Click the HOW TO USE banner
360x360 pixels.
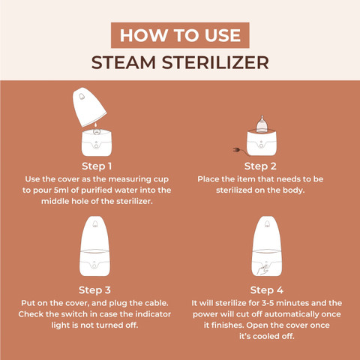point(180,35)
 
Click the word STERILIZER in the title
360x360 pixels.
point(215,62)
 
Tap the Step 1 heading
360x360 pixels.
point(97,166)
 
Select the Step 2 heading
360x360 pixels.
point(260,166)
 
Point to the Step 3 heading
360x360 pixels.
point(94,290)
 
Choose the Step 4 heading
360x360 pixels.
point(267,290)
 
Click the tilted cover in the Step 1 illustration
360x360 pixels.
point(89,106)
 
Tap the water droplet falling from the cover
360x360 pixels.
point(95,124)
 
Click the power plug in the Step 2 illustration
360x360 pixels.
point(236,150)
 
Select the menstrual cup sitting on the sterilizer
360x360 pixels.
point(262,124)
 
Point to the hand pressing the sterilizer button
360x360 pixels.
point(262,271)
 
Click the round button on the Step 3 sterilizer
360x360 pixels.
point(94,264)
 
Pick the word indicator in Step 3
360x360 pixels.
point(153,314)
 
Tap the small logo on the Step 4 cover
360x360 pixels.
point(267,224)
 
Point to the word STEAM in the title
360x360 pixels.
point(124,62)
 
